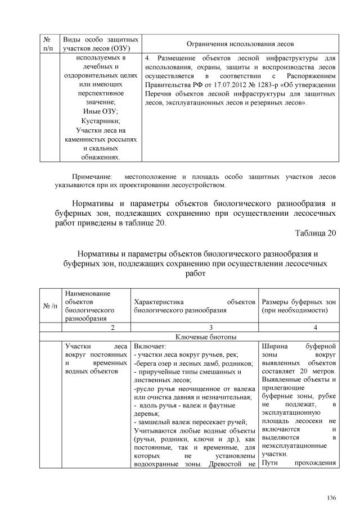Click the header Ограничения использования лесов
click(239, 44)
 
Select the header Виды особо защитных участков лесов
click(100, 44)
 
